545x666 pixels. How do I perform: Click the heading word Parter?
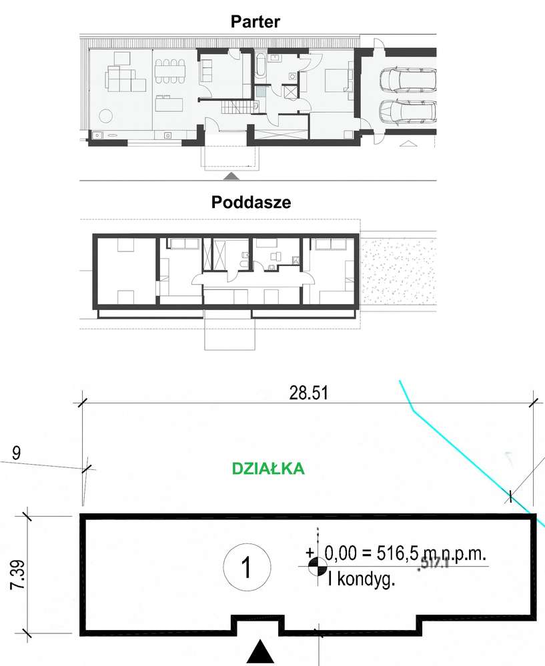pos(255,21)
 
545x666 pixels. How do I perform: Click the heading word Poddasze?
pos(251,203)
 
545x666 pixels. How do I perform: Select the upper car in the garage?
pos(406,81)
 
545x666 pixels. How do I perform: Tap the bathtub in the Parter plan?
pos(260,67)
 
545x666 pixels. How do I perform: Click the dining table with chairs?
pos(172,72)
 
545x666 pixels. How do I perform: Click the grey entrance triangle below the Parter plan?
pos(231,176)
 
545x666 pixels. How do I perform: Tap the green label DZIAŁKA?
pos(267,469)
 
